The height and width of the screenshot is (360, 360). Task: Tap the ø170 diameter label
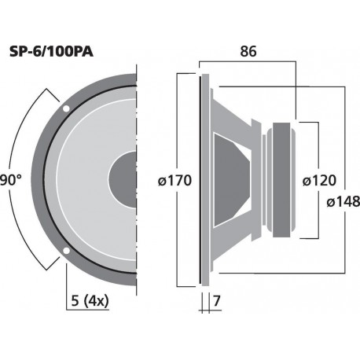174,180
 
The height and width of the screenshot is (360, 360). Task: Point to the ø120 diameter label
318,180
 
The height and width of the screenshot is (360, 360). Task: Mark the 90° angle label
10,179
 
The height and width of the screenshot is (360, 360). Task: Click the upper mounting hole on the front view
67,107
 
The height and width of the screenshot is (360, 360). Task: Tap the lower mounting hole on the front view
67,252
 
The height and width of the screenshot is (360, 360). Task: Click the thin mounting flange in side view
204,180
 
